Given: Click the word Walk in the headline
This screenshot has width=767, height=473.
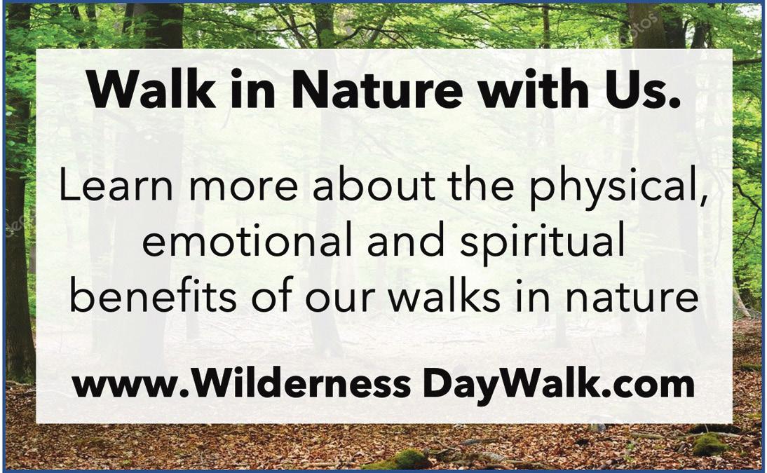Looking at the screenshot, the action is tap(151, 89).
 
